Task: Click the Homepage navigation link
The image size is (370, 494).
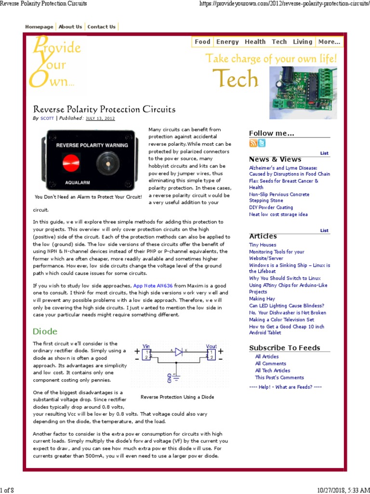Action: point(39,27)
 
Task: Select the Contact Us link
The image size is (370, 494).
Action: point(101,27)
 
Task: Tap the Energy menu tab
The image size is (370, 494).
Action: point(227,42)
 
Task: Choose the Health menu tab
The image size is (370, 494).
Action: point(255,42)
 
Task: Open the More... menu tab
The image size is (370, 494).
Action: point(330,42)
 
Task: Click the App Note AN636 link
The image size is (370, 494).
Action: point(153,286)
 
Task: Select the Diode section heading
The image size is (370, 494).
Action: point(45,331)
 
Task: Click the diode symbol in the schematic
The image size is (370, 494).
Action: point(178,352)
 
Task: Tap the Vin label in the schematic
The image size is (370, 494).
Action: point(146,346)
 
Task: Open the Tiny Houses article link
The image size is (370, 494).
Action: point(263,245)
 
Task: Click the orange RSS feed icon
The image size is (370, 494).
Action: point(253,143)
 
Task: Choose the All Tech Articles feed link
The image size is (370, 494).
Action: point(273,370)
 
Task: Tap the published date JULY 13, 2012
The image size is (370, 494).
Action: point(100,118)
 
